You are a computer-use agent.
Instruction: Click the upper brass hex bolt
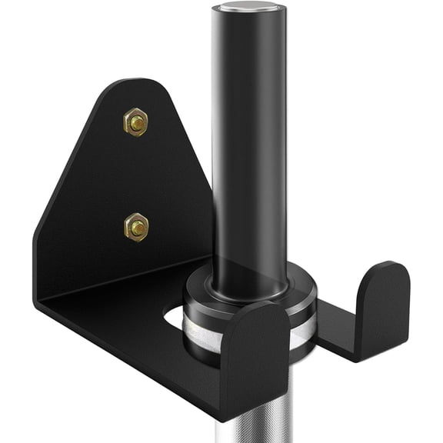click(x=135, y=122)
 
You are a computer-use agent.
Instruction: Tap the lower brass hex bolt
click(x=136, y=227)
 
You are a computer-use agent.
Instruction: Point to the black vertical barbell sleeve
click(x=248, y=138)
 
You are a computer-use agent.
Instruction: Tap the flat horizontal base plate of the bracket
click(x=123, y=323)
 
